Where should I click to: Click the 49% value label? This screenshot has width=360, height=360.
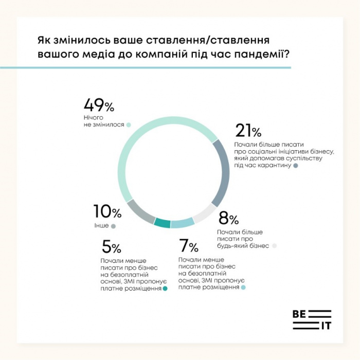pos(99,106)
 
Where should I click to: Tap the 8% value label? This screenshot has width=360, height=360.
pos(228,219)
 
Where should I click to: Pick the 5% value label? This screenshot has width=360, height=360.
pos(111,247)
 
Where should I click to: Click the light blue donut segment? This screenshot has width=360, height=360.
pos(182,223)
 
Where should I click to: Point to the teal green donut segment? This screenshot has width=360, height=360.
pos(162,223)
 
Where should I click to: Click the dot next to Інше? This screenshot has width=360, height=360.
pos(113,226)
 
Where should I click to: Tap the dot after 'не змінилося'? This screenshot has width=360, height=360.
pos(129,125)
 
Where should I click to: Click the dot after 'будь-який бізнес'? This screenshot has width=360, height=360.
pos(275,246)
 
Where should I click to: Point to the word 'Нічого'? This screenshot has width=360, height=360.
pos(94,118)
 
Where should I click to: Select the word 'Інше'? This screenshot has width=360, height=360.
pos(101,226)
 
